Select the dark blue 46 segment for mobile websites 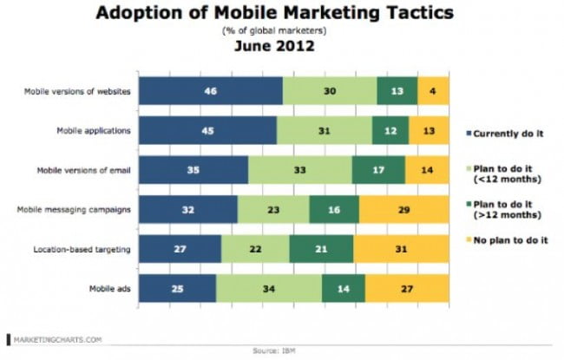coord(211,91)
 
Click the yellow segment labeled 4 coord(433,91)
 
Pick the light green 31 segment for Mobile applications coord(324,131)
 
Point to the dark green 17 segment coord(378,170)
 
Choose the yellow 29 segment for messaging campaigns coord(403,209)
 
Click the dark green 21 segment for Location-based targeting coord(321,249)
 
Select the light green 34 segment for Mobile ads coord(268,288)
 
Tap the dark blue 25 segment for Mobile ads coord(177,288)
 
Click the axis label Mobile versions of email coord(88,170)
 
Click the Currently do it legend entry coord(508,132)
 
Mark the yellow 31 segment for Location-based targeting coord(401,249)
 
